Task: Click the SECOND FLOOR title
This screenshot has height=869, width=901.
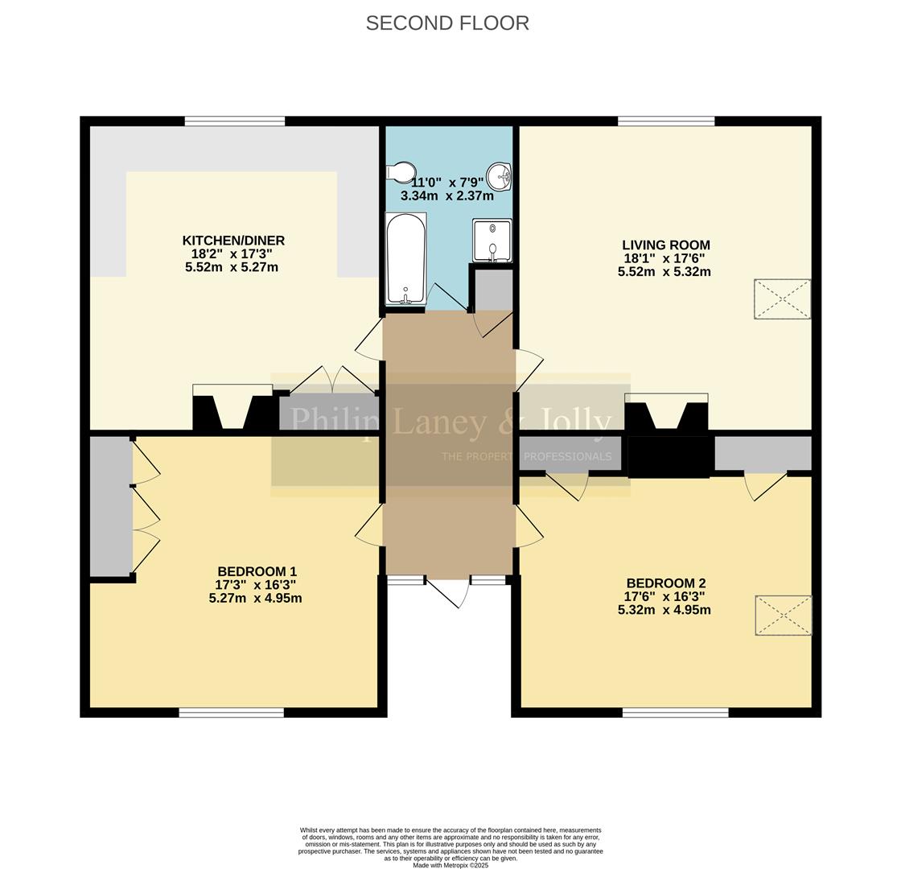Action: point(447,23)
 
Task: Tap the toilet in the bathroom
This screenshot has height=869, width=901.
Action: point(400,172)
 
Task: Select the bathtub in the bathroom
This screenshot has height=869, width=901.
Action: point(405,258)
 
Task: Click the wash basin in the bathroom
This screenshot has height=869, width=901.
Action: point(503,175)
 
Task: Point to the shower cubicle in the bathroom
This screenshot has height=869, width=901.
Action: point(492,241)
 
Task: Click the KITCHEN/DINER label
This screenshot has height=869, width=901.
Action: point(233,241)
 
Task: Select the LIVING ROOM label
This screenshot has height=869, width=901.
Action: point(665,245)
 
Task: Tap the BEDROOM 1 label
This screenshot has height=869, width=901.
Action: point(257,572)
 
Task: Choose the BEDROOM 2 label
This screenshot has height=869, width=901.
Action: point(665,583)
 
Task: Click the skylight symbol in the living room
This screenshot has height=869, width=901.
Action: point(782,299)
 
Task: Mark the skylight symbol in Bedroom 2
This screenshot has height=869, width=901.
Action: point(783,616)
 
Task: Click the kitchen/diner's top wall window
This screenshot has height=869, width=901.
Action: point(234,121)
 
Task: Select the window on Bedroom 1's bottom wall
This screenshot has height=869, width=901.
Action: point(231,712)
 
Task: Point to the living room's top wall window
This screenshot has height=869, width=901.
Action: point(666,121)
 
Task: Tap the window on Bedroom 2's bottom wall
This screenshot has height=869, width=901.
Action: point(675,712)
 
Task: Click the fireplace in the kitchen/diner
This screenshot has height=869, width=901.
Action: point(232,410)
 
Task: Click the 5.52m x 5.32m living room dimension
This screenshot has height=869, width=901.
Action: point(664,272)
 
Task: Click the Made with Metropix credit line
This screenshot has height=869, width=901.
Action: point(450,865)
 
